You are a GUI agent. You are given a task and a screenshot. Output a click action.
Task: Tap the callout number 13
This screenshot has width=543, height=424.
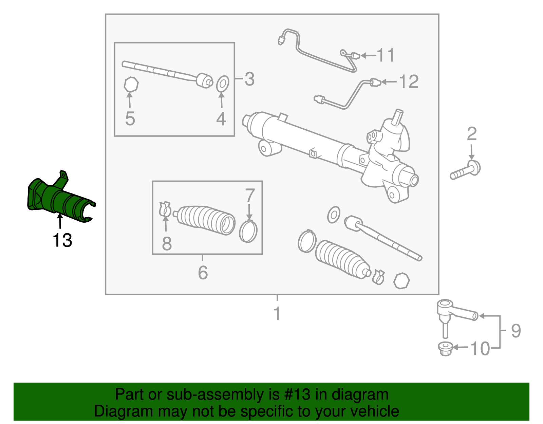click(x=62, y=241)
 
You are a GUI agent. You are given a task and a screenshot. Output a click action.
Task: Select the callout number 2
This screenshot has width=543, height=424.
click(x=472, y=134)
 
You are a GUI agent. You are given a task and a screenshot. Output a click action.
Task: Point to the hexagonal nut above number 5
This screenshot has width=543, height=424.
click(x=131, y=85)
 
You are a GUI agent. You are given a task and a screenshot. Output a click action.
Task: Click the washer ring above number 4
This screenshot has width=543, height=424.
click(x=223, y=84)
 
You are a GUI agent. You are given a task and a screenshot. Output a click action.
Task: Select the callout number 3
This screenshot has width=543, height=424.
click(x=249, y=79)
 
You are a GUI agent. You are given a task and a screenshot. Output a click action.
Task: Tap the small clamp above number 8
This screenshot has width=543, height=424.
click(x=165, y=209)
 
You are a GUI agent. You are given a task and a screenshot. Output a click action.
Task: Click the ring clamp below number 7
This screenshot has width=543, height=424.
click(x=248, y=231)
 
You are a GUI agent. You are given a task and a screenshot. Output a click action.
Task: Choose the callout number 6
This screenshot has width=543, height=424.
click(x=203, y=273)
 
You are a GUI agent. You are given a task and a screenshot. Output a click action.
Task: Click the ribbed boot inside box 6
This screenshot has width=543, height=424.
click(x=205, y=220)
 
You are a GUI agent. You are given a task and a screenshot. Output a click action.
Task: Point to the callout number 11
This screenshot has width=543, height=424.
click(x=386, y=55)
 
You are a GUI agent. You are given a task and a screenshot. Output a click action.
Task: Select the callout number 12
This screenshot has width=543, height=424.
click(x=409, y=82)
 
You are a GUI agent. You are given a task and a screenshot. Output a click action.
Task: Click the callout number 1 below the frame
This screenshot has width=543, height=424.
click(x=277, y=313)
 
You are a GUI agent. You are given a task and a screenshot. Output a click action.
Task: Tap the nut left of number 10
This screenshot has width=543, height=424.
click(x=446, y=349)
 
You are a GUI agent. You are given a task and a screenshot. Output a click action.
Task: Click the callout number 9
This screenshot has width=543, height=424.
click(x=516, y=331)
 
